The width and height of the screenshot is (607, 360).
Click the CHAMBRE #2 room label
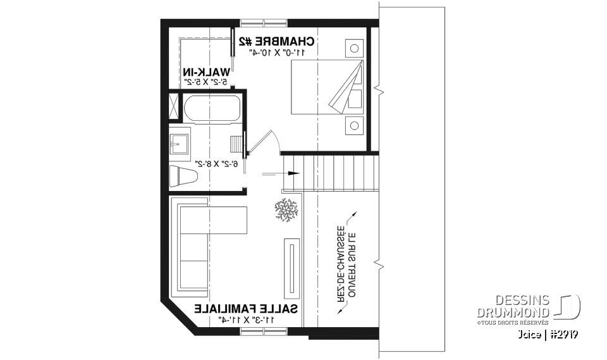(276, 42)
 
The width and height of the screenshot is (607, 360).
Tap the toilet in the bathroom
(184, 173)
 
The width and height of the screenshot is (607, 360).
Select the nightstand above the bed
(354, 47)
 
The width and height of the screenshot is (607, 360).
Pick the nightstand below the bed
(354, 125)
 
